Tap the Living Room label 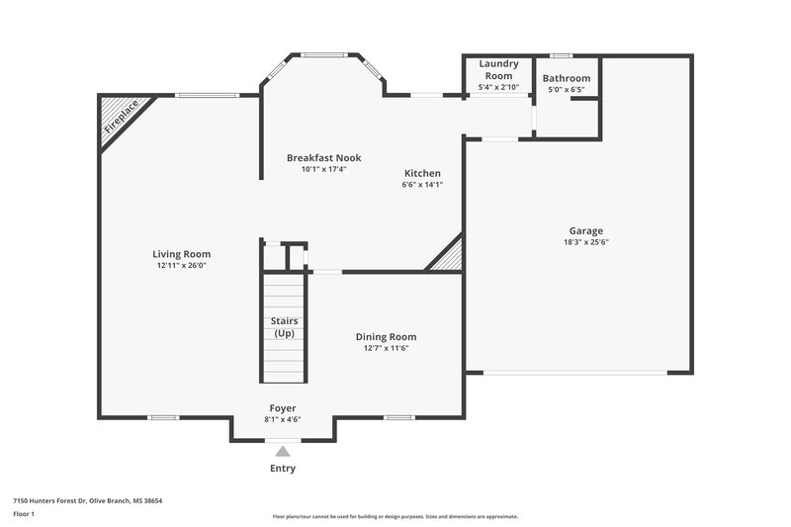point(183,254)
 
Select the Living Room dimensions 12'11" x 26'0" point(183,265)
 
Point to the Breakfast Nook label point(323,157)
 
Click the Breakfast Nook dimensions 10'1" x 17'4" point(323,169)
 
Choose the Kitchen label point(421,173)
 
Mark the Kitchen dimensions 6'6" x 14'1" point(421,184)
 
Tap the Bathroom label point(567,78)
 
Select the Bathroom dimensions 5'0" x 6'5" point(567,90)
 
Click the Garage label point(585,230)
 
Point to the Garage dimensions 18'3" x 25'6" point(585,241)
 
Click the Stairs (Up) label point(284,327)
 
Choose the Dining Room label point(393,337)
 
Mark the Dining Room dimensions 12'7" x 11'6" point(393,348)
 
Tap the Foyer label point(283,407)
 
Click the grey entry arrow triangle point(283,451)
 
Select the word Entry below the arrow point(283,469)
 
